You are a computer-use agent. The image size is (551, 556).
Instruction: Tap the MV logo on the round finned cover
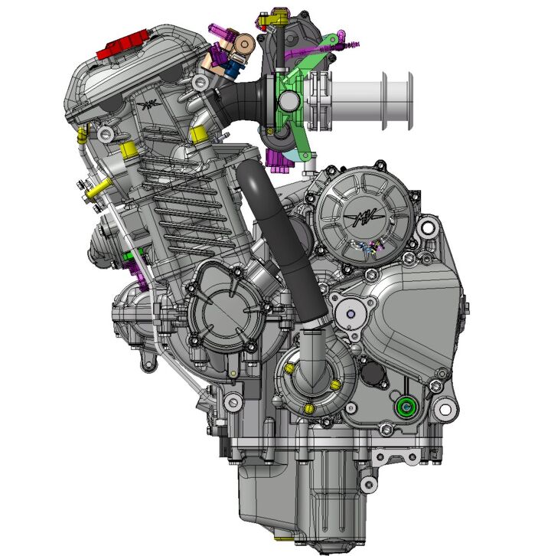(364, 217)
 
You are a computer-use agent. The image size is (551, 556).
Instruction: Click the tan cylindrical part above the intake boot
(245, 44)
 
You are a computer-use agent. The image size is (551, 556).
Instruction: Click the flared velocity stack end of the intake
(397, 101)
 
